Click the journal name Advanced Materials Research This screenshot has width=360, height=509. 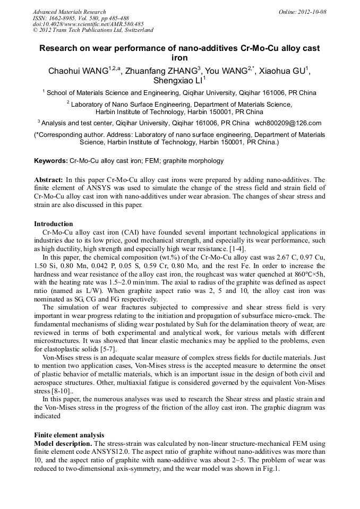[69, 12]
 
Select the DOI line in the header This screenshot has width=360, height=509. [88, 24]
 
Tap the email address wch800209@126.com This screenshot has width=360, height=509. [288, 123]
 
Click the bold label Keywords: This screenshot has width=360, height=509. [51, 161]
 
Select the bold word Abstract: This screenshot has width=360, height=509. [49, 180]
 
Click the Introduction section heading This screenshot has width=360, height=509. [54, 223]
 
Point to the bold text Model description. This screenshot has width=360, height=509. [63, 443]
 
